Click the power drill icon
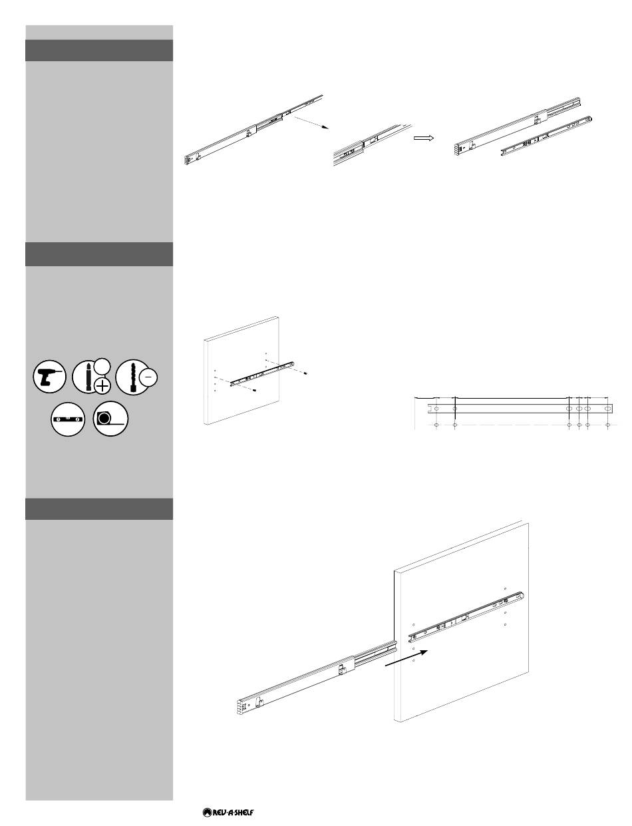coord(49,376)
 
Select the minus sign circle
coord(149,377)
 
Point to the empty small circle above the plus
coord(102,367)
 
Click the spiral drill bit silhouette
coord(133,377)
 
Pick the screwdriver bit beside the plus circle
coord(88,377)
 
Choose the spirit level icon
coord(68,419)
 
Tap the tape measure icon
coord(110,419)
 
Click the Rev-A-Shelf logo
coord(228,812)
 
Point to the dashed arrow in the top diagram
coord(311,123)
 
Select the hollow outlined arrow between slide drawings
coord(424,138)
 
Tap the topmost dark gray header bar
coord(99,50)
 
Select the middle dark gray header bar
coord(99,254)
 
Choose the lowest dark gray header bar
coord(99,509)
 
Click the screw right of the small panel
coord(305,373)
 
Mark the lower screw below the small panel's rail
coord(255,389)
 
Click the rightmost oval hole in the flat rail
coord(608,409)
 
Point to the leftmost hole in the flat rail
coord(436,409)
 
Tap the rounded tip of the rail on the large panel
coord(522,596)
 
